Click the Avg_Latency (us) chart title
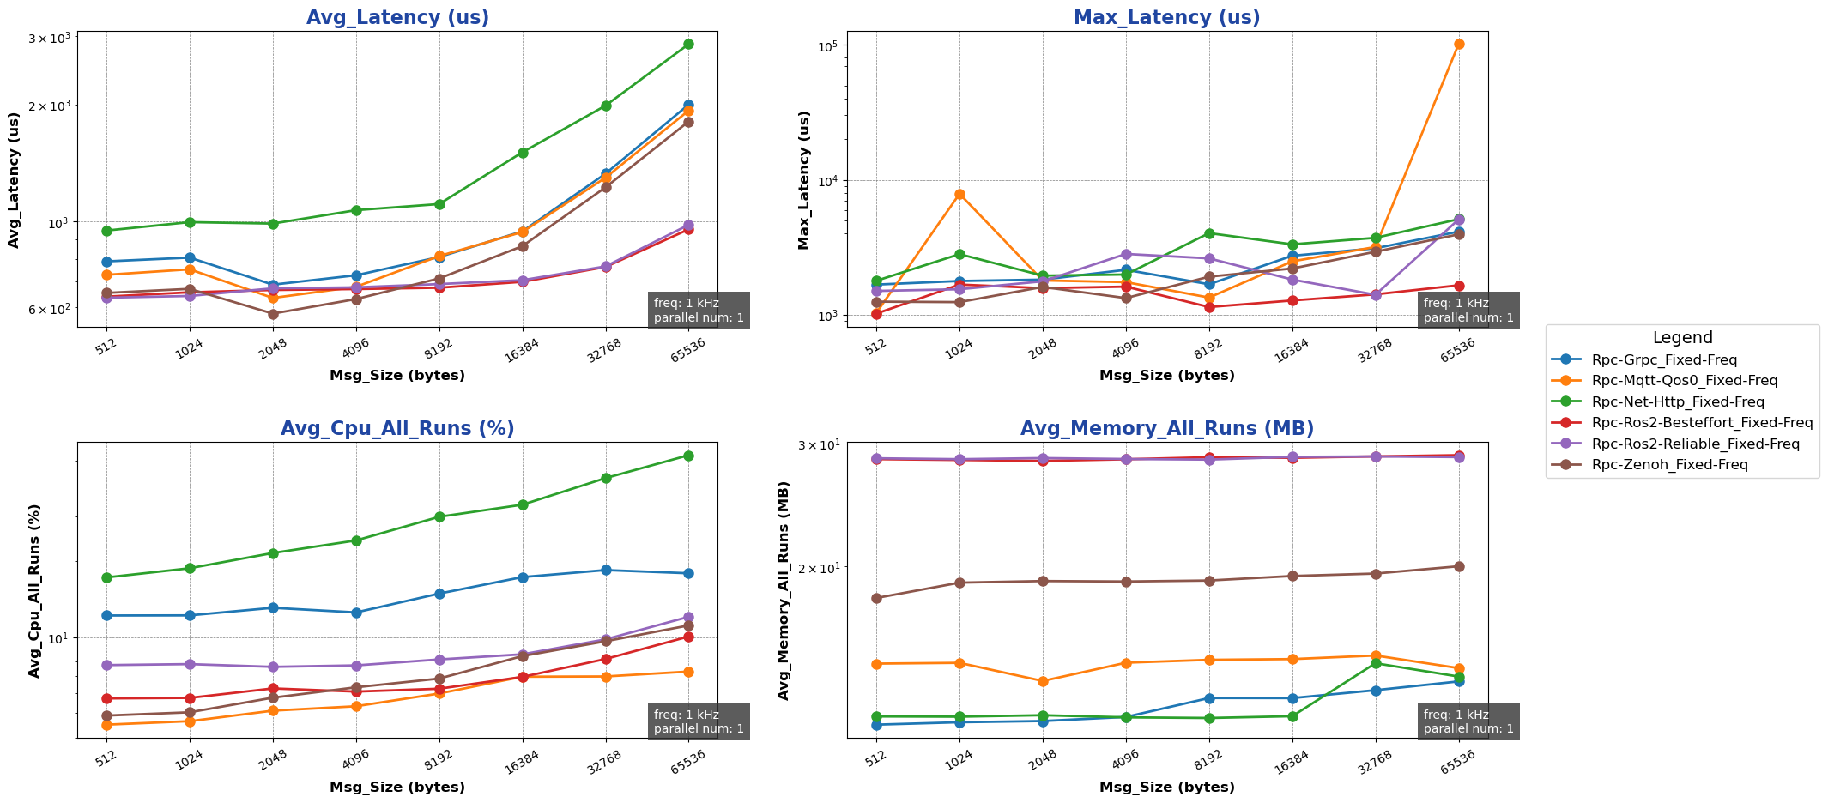point(397,17)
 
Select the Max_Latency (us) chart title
point(1167,17)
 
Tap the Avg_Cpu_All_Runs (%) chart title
point(397,429)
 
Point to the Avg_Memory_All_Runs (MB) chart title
point(1167,429)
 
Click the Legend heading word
point(1682,338)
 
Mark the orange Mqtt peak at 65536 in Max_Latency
point(1459,44)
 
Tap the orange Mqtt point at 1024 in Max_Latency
point(959,194)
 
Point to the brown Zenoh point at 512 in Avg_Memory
point(876,598)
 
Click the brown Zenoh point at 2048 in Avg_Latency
point(273,314)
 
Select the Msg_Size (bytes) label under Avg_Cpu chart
point(397,788)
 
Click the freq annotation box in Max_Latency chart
point(1468,311)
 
